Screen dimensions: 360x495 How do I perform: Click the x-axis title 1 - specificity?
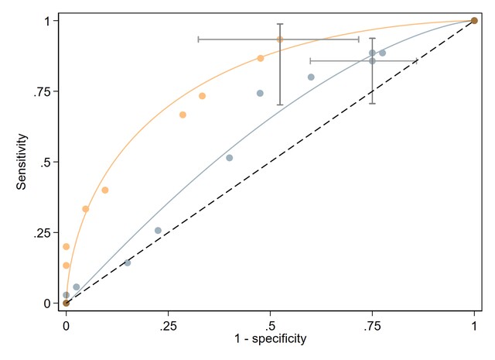click(270, 338)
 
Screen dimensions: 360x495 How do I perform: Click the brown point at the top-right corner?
click(474, 21)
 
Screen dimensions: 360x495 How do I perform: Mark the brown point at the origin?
click(66, 303)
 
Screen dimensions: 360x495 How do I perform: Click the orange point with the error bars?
click(280, 39)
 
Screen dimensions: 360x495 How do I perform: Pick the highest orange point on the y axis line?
click(66, 247)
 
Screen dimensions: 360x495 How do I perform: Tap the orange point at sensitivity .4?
click(105, 190)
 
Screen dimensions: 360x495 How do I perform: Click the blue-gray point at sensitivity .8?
click(311, 77)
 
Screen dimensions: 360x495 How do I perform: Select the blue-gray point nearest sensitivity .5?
click(229, 158)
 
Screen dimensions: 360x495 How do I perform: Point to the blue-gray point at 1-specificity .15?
click(128, 262)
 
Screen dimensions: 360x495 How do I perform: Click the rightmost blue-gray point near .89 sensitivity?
click(382, 53)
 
